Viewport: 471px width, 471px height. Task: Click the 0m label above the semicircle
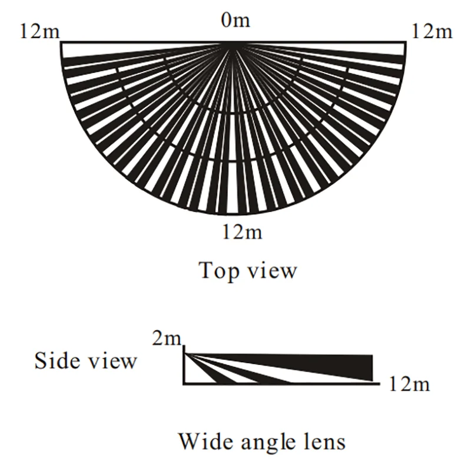pos(235,22)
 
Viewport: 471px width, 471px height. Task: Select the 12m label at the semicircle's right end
pos(432,31)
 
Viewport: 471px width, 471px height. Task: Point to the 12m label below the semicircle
pos(243,233)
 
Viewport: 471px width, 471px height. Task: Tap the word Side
pos(57,360)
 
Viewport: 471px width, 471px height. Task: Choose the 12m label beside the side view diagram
pos(410,385)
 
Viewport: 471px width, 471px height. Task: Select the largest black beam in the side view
pos(330,365)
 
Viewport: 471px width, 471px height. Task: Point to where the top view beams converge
pos(234,43)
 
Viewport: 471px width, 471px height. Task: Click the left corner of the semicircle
pos(61,42)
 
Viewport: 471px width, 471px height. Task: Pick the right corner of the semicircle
pos(406,42)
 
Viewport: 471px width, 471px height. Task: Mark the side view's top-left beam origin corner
pos(184,353)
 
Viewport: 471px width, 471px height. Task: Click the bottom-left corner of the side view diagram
pos(184,384)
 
